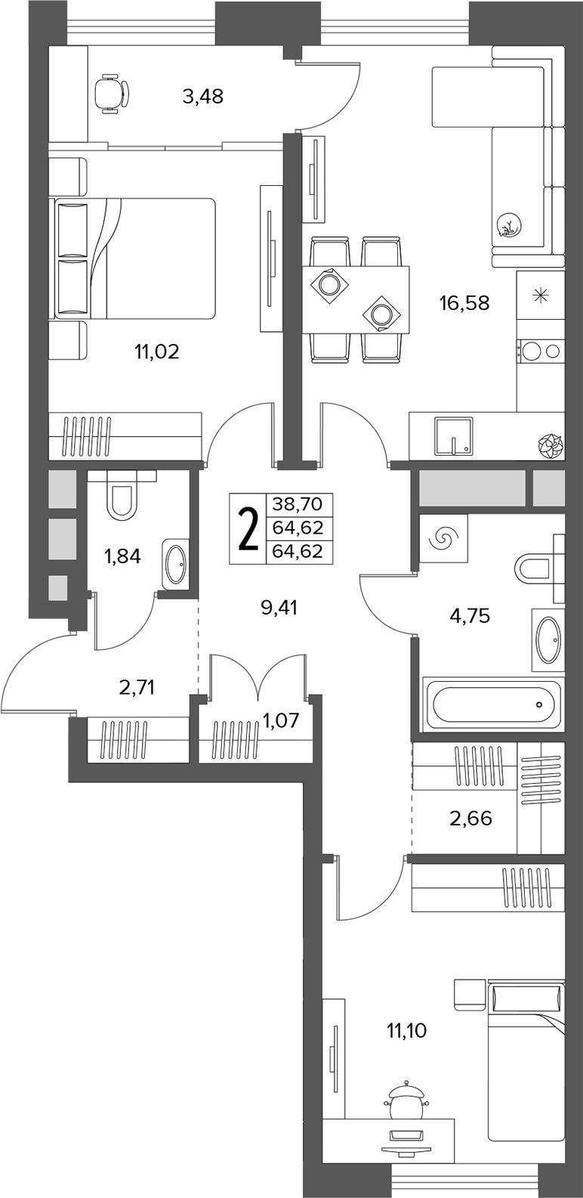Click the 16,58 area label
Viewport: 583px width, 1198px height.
click(x=464, y=303)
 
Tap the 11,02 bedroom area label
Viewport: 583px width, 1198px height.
click(x=156, y=351)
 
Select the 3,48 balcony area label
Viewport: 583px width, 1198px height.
click(x=202, y=96)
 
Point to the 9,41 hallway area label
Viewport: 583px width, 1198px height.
click(x=279, y=608)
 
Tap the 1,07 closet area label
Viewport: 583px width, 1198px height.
click(x=279, y=720)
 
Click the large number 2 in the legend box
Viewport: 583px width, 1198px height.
click(x=248, y=528)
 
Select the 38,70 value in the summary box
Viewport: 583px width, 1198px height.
click(x=297, y=503)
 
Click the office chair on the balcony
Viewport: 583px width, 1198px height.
click(x=110, y=94)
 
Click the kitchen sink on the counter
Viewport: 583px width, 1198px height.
click(x=454, y=435)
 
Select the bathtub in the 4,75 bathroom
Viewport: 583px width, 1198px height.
click(x=493, y=704)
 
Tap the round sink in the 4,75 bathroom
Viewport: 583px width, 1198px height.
click(x=548, y=639)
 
